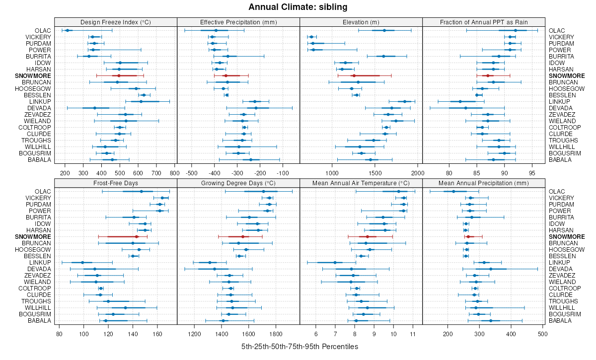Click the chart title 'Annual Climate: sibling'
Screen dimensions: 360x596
click(x=298, y=7)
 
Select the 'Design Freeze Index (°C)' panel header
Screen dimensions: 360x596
click(x=116, y=22)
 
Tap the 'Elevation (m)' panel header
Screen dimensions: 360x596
click(x=361, y=22)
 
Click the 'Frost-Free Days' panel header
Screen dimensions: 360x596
click(x=116, y=182)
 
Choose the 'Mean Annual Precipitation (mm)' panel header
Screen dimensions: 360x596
click(x=484, y=182)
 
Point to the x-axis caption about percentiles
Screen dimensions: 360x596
click(x=298, y=347)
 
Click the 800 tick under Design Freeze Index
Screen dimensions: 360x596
click(x=174, y=173)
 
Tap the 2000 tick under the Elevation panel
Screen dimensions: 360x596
click(x=417, y=173)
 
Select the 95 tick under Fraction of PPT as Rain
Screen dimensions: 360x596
click(x=532, y=173)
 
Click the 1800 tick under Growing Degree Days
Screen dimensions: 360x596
click(x=276, y=334)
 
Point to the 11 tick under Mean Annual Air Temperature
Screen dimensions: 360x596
click(x=413, y=334)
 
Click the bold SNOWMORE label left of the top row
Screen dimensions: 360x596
click(x=36, y=75)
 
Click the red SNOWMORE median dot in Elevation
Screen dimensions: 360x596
click(x=354, y=75)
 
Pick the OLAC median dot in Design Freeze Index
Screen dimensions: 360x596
click(x=68, y=31)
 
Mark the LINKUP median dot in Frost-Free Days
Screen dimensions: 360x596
click(x=82, y=262)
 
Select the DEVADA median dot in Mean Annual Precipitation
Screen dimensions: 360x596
click(x=491, y=269)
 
